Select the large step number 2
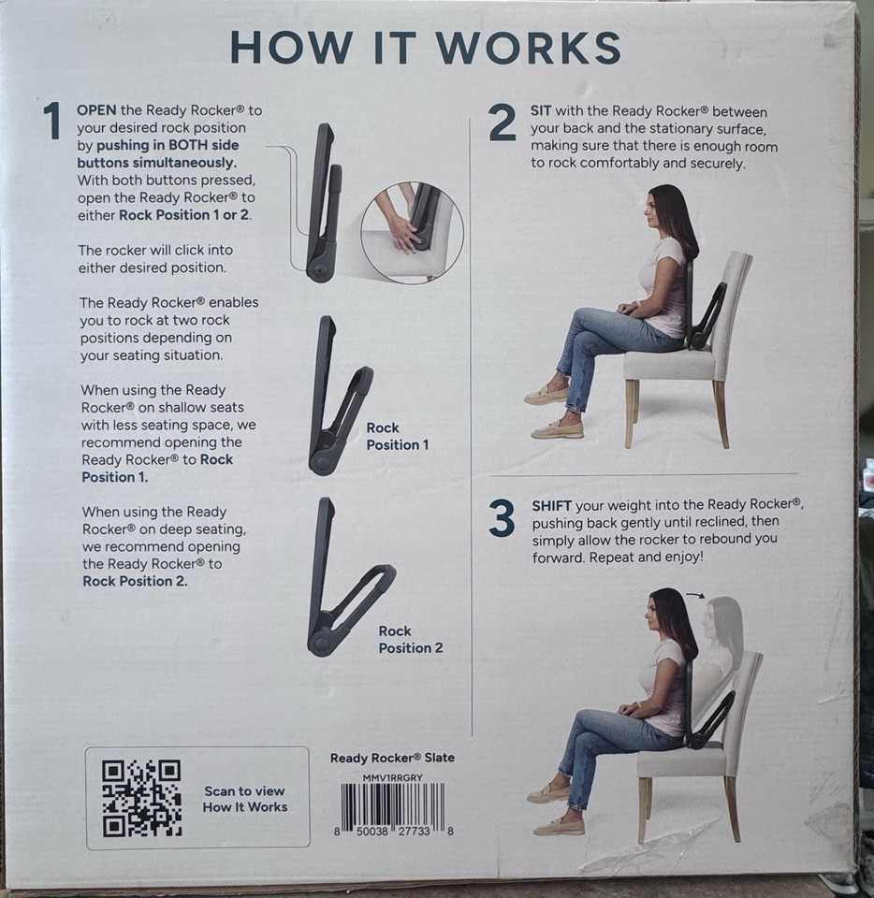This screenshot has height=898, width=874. pyautogui.click(x=502, y=123)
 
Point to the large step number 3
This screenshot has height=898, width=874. pyautogui.click(x=502, y=519)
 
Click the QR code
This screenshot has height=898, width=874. pyautogui.click(x=141, y=798)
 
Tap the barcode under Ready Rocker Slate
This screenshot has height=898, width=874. pyautogui.click(x=392, y=806)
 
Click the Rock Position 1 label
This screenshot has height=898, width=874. pyautogui.click(x=397, y=436)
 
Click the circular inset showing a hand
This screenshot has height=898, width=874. pyautogui.click(x=412, y=233)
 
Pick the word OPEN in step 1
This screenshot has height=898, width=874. pyautogui.click(x=97, y=110)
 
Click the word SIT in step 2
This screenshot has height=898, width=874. pyautogui.click(x=541, y=110)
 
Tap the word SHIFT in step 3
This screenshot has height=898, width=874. pyautogui.click(x=551, y=505)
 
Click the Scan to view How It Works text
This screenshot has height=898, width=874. pyautogui.click(x=245, y=799)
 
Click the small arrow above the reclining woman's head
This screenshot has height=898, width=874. pyautogui.click(x=695, y=593)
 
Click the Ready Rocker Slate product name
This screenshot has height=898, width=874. pyautogui.click(x=392, y=759)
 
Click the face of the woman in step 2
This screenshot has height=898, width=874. pyautogui.click(x=652, y=213)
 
